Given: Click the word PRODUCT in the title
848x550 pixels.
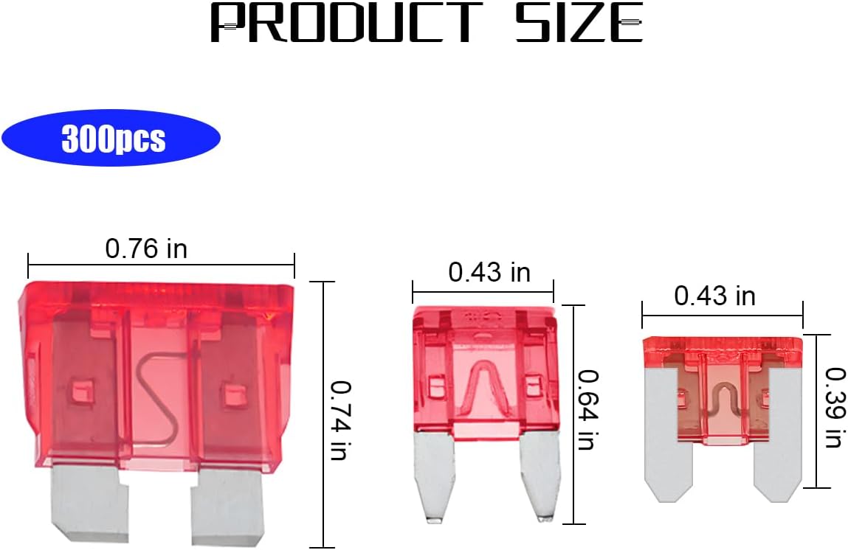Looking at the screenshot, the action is tap(347, 22).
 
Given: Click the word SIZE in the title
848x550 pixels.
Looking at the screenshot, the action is tap(578, 22).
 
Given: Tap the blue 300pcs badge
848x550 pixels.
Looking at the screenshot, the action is tap(111, 138).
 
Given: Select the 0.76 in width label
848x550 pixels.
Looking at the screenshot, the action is tap(146, 248).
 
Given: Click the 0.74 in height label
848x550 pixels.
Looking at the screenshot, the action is tap(341, 420).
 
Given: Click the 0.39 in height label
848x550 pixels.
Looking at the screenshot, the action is tap(835, 407).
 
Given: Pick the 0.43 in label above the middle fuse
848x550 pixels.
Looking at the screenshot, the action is tap(489, 272).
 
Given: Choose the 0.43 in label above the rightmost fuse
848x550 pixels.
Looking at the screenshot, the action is tap(714, 296).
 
